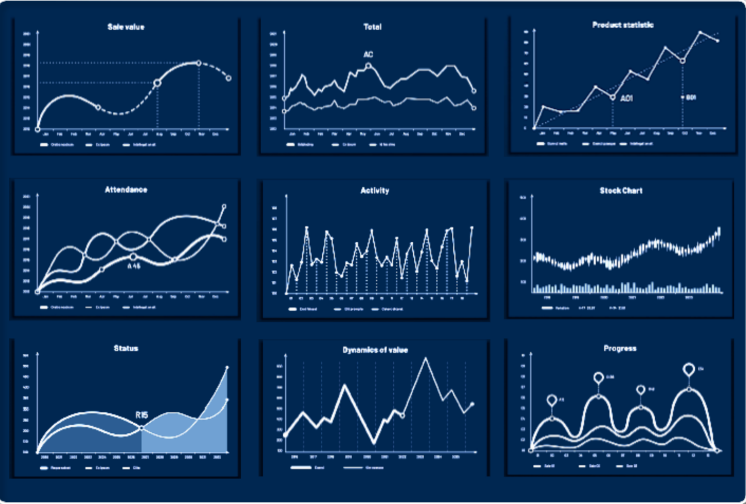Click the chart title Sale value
tap(126, 26)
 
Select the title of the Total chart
tap(372, 26)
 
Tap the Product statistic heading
tap(623, 25)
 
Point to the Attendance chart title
tap(126, 189)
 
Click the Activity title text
tap(375, 191)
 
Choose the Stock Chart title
tap(621, 191)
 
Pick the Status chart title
tap(126, 348)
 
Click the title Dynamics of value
tap(375, 350)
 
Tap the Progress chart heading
tap(620, 348)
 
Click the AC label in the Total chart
tap(368, 55)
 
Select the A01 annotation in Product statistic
tap(626, 98)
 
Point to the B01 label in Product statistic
tap(691, 97)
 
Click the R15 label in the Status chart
tap(142, 415)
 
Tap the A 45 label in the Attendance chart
tap(134, 265)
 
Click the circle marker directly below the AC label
tap(369, 66)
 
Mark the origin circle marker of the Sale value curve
tap(37, 129)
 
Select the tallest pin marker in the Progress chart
tap(688, 369)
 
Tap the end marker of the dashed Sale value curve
tap(229, 78)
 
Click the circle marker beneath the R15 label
tap(142, 428)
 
